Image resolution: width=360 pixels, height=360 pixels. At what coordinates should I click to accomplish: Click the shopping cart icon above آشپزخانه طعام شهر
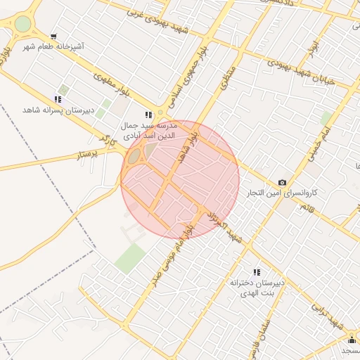pos(54,36)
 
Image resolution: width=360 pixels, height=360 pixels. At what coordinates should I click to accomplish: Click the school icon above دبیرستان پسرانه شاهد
pos(58,99)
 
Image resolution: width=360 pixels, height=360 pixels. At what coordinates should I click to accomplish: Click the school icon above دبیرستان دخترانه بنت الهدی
pos(257,272)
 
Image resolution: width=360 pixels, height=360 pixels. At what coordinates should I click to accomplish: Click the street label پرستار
pos(93,153)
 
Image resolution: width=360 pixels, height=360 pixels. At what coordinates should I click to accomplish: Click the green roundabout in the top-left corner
pos(23,24)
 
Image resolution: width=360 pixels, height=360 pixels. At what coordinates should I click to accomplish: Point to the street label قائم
pos(308,210)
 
